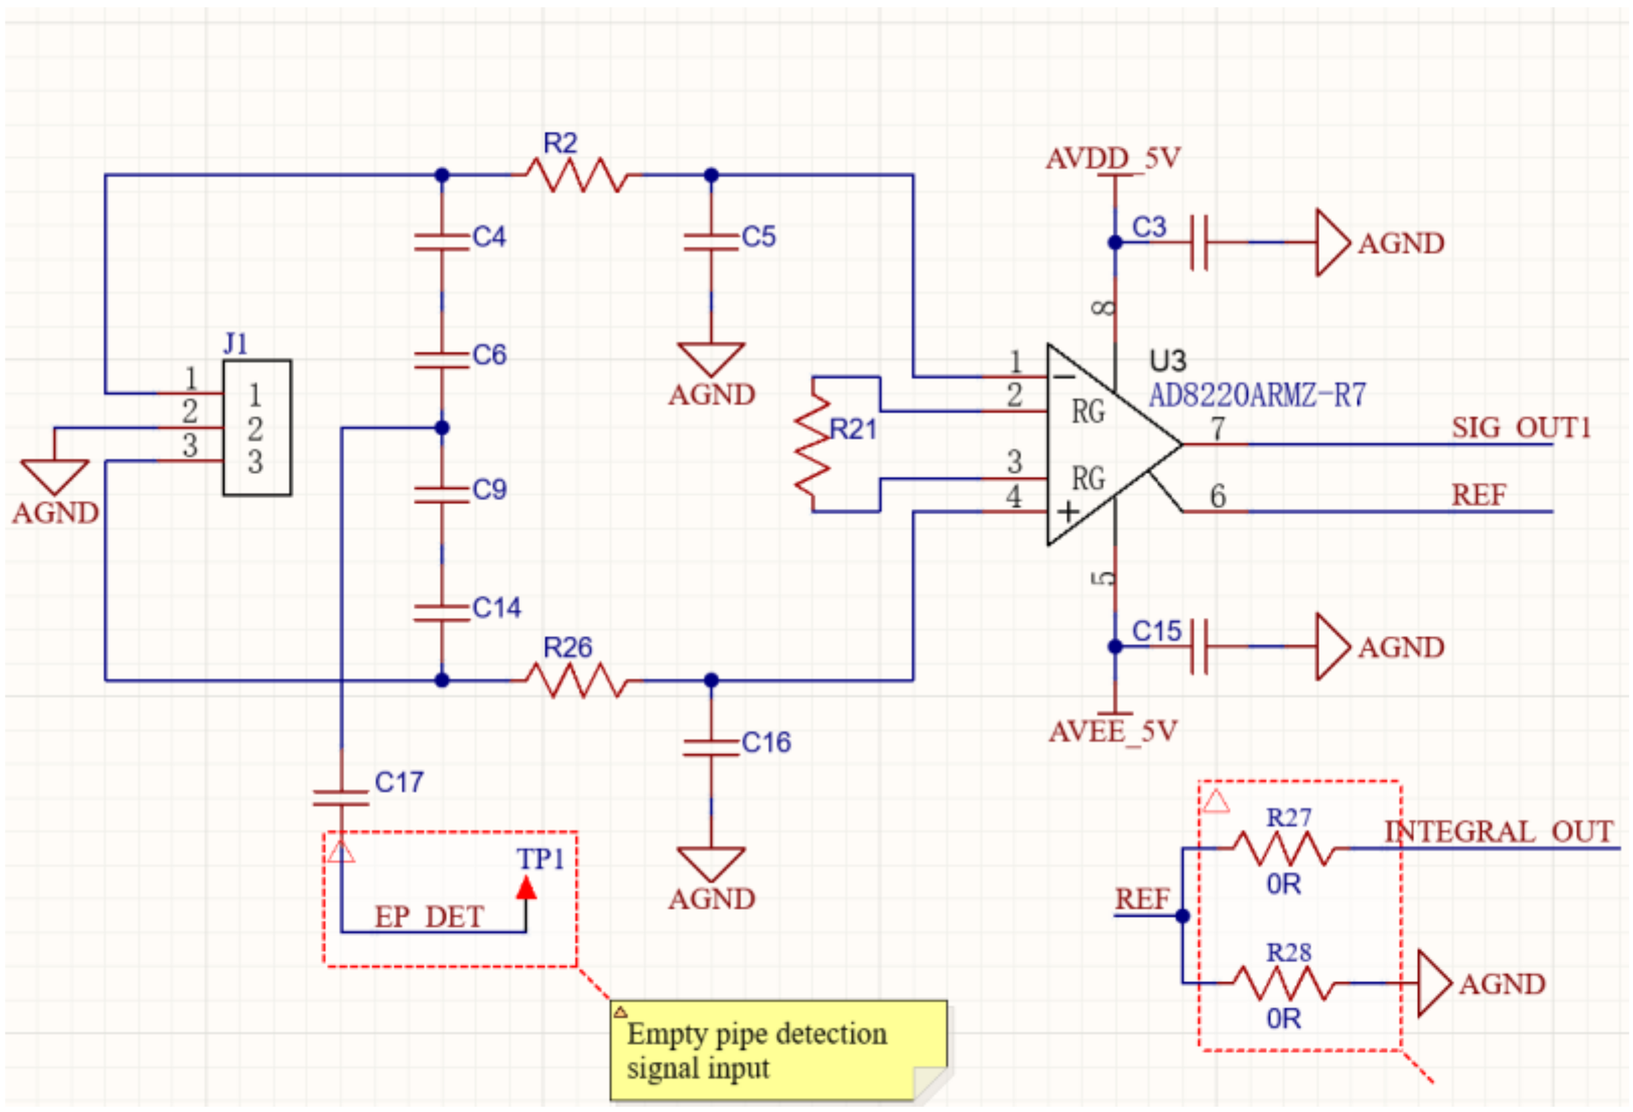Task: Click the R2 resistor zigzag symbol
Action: click(576, 175)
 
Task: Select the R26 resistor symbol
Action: click(576, 680)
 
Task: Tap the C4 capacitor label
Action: click(489, 237)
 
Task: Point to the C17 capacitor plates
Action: click(342, 797)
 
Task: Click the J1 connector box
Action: click(257, 427)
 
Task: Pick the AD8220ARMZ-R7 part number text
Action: click(1257, 396)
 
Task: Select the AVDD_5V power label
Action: click(1113, 158)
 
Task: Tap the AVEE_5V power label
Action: click(1113, 732)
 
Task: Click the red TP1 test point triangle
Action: click(526, 888)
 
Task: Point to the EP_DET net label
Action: click(429, 917)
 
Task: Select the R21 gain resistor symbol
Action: click(813, 445)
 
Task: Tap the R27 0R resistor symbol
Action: click(1283, 848)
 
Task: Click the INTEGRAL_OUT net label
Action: click(1498, 831)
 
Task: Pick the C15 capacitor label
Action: click(1156, 631)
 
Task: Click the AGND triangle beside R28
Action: click(1434, 983)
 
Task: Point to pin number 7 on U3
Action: click(1218, 428)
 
